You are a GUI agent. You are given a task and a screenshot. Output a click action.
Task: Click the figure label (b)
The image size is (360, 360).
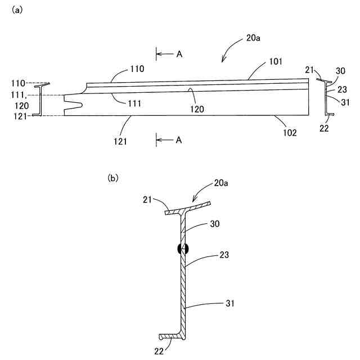[x=113, y=178]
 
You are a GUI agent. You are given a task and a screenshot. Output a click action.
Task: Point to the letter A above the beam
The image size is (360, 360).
[x=179, y=54]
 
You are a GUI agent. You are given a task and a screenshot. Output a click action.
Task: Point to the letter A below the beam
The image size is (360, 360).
[x=179, y=140]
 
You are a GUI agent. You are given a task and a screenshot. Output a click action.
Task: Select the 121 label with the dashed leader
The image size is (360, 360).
[x=20, y=116]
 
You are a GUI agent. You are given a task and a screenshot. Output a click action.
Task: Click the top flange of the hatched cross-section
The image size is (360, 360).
[x=187, y=209]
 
